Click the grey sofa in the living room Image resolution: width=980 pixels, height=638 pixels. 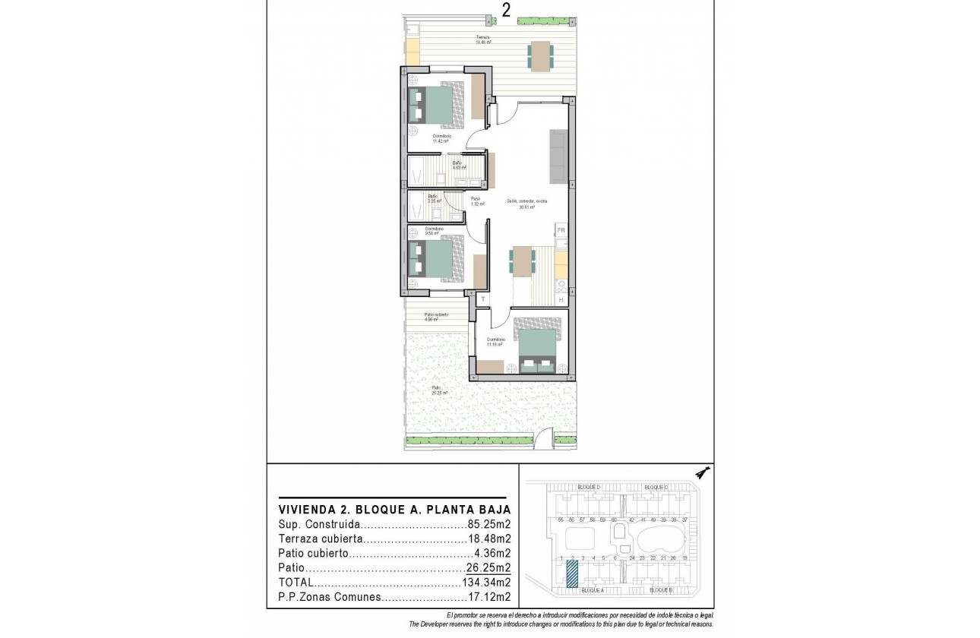click(x=559, y=156)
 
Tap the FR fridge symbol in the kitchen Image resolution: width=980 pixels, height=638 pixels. click(x=561, y=230)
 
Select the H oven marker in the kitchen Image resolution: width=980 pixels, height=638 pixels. click(x=561, y=300)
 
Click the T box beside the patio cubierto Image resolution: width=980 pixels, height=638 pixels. click(x=482, y=300)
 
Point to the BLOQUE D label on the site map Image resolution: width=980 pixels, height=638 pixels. click(x=590, y=487)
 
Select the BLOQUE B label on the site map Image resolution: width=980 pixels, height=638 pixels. click(x=661, y=590)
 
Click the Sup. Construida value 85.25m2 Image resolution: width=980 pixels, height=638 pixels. click(x=488, y=524)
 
